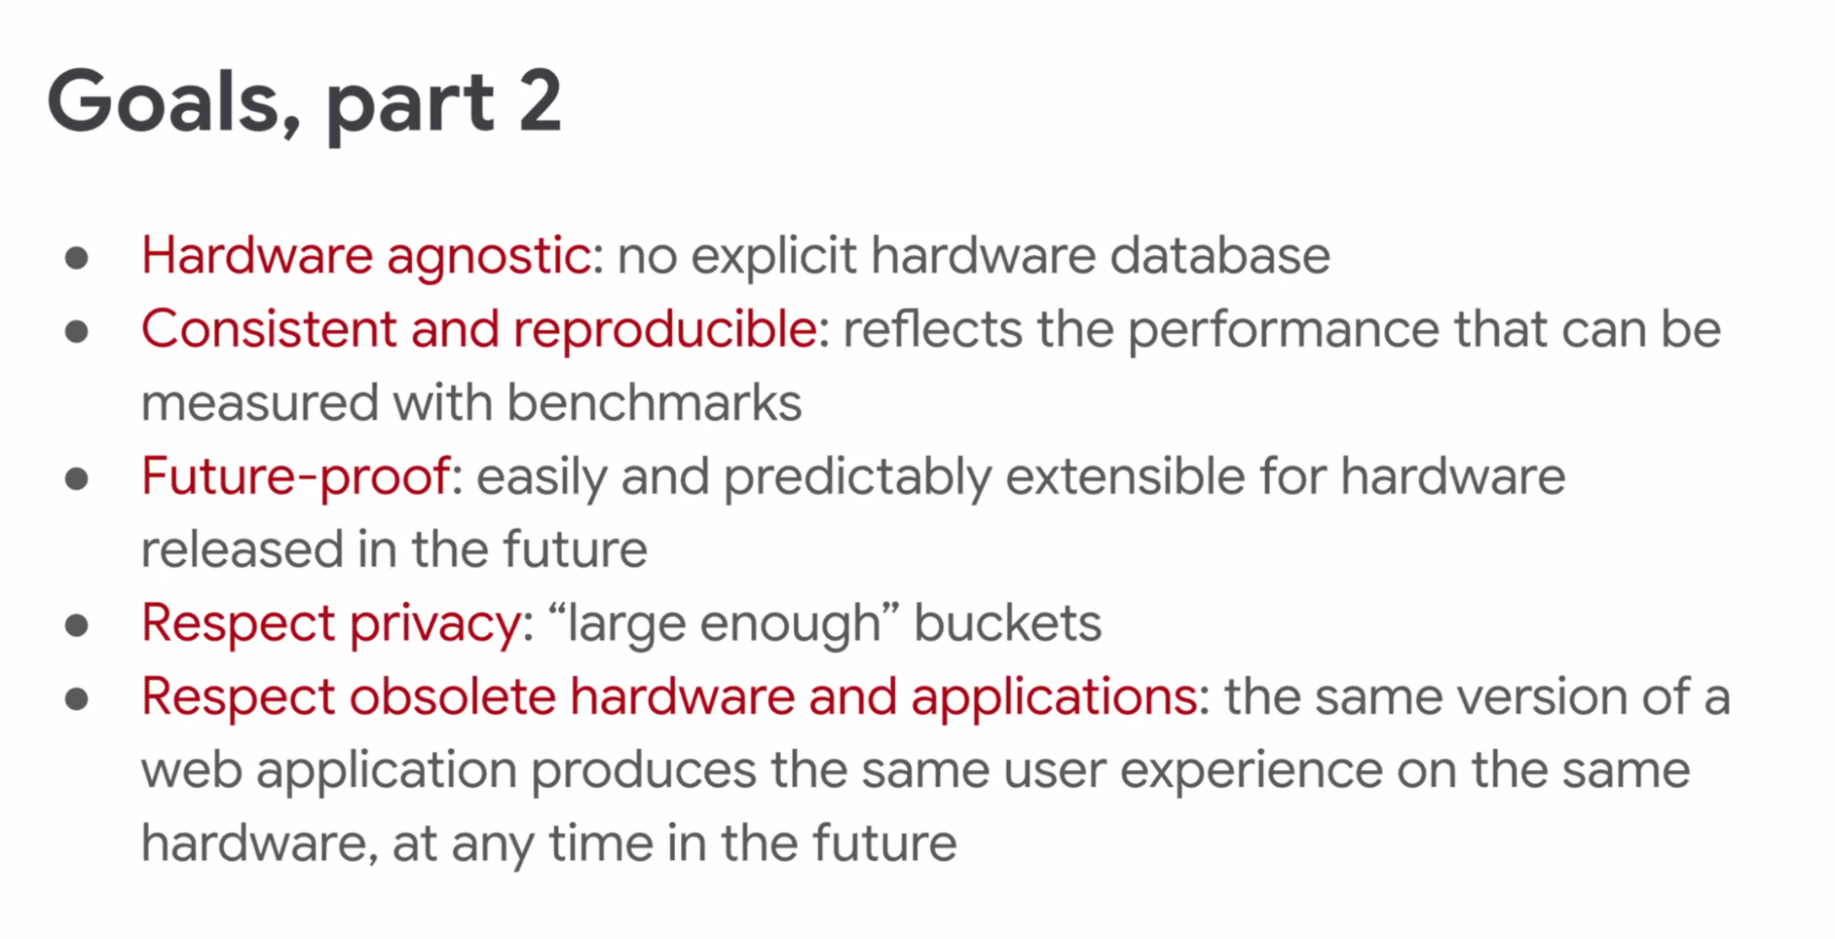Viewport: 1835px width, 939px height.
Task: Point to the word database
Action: [x=1220, y=255]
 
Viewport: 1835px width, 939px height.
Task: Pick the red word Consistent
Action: [x=268, y=329]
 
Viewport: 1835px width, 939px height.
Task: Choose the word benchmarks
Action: [x=654, y=402]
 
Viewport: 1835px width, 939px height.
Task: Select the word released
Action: [x=241, y=549]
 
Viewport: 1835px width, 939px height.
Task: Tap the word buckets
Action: [x=1007, y=622]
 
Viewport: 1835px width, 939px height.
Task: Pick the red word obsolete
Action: [x=453, y=696]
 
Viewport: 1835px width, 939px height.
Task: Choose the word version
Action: [x=1541, y=697]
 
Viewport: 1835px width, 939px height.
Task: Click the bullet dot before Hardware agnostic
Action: [x=77, y=258]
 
